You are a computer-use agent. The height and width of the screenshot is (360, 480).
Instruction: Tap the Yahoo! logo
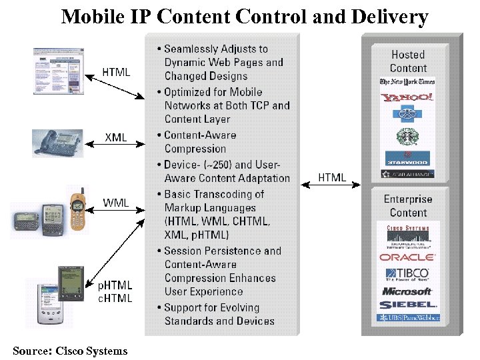pos(407,97)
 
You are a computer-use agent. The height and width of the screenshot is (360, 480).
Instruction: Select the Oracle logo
pos(407,257)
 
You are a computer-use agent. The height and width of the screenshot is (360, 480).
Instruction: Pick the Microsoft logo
pos(407,291)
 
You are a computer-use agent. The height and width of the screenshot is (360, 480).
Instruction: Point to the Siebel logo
pos(407,305)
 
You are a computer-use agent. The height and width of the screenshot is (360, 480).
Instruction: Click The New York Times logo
pos(407,82)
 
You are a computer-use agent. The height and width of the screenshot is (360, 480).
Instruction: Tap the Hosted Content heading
pos(408,61)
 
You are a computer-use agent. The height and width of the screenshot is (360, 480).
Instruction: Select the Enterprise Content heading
pos(408,206)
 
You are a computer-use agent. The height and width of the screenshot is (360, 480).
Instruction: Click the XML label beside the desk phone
pos(116,138)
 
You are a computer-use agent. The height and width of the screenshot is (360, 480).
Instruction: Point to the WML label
pos(116,203)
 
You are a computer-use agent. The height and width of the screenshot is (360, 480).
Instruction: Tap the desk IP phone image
pos(58,143)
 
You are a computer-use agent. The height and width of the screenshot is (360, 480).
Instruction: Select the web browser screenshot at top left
pos(59,71)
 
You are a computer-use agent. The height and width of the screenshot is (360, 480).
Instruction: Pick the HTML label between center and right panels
pos(331,177)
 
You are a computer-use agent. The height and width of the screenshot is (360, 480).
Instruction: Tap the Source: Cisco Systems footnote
pos(70,351)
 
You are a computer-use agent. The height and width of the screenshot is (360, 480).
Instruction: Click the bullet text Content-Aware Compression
pos(199,142)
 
